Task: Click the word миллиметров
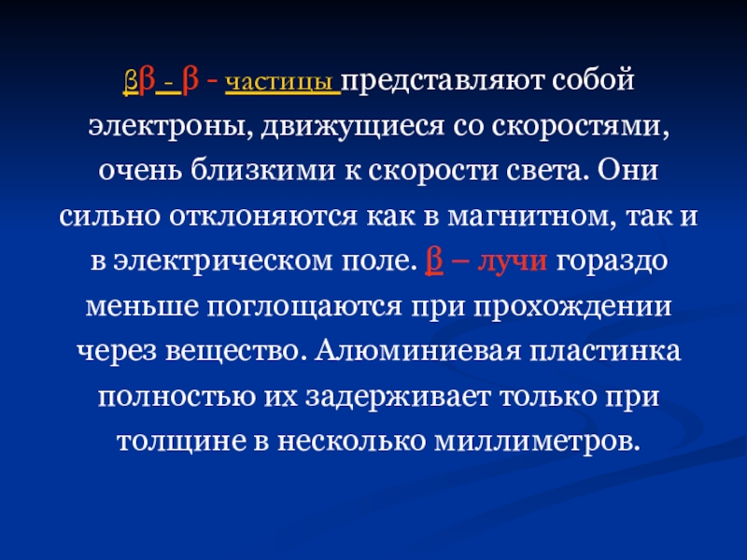pos(539,438)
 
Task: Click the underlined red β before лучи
pos(431,259)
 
